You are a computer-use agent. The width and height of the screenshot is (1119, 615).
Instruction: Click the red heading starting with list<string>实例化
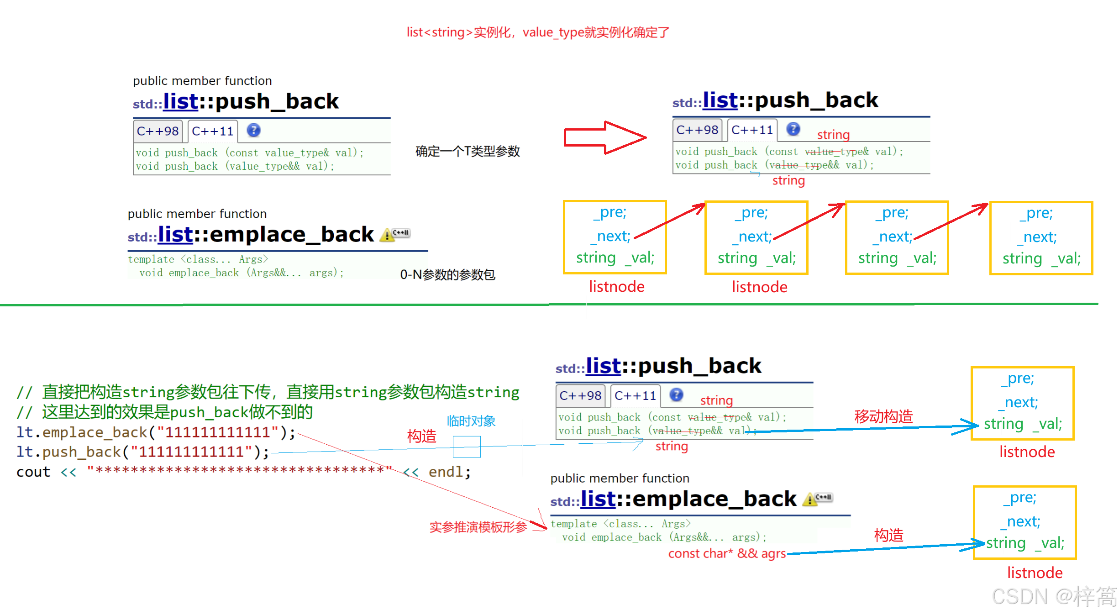pos(538,32)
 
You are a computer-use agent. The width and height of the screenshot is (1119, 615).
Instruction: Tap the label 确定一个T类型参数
pos(468,151)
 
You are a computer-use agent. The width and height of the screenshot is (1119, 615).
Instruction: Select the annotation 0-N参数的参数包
pos(447,274)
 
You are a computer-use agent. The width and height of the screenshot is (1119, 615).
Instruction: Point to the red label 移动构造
pos(883,416)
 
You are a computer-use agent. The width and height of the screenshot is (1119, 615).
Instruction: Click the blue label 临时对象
pos(471,421)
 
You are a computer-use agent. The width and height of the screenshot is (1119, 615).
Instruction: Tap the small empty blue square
pos(467,447)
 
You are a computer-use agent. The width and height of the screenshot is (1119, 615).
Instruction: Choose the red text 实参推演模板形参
pos(478,527)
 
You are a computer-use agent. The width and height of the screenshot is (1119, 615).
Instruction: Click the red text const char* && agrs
pos(727,553)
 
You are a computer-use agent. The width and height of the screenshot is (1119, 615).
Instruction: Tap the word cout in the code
pos(33,472)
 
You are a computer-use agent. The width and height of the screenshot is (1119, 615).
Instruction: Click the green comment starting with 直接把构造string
pos(268,392)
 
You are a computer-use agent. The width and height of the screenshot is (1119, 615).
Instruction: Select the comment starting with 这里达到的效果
pos(165,412)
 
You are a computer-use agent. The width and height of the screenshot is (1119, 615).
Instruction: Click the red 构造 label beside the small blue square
pos(421,436)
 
